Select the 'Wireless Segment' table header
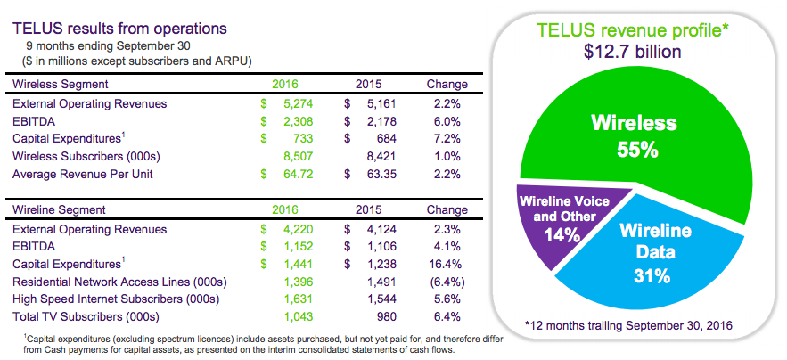[61, 84]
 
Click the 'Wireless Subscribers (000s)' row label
[91, 156]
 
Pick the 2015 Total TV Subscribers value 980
[387, 316]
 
